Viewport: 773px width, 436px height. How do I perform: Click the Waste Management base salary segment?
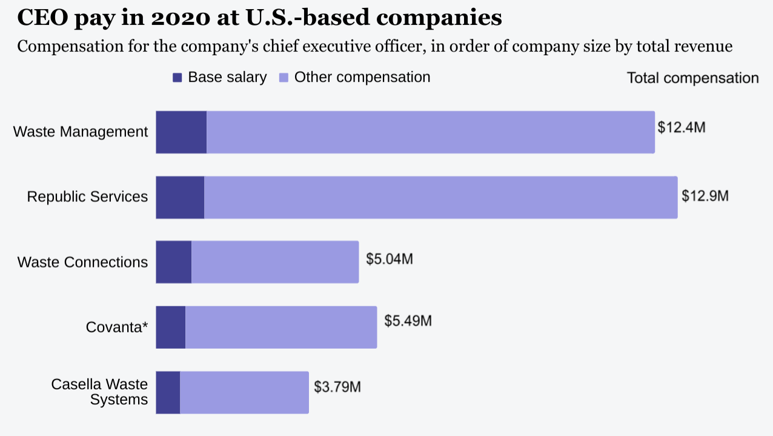[181, 132]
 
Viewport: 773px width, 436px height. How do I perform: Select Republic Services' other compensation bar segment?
[440, 198]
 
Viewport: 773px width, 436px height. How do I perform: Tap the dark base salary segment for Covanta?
[170, 327]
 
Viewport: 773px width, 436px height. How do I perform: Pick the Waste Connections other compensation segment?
[275, 262]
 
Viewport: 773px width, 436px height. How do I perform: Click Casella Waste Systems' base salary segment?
[168, 393]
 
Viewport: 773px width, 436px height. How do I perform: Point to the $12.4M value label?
[682, 128]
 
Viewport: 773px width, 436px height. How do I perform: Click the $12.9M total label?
[705, 196]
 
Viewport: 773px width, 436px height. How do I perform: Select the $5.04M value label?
[390, 259]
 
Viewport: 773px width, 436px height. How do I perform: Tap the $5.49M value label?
[408, 321]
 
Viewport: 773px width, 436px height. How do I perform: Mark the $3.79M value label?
[337, 386]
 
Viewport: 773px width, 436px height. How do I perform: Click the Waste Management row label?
[81, 132]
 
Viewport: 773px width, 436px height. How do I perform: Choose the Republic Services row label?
[87, 196]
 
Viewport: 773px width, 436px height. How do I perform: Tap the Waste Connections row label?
[82, 262]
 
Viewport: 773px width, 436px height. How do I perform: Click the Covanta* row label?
[117, 327]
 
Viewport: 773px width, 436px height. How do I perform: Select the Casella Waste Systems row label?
[99, 392]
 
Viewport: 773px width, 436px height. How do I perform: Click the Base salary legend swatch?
[177, 78]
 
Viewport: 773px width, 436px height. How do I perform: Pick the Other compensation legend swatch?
[284, 78]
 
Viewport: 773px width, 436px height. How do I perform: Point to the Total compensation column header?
[692, 78]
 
